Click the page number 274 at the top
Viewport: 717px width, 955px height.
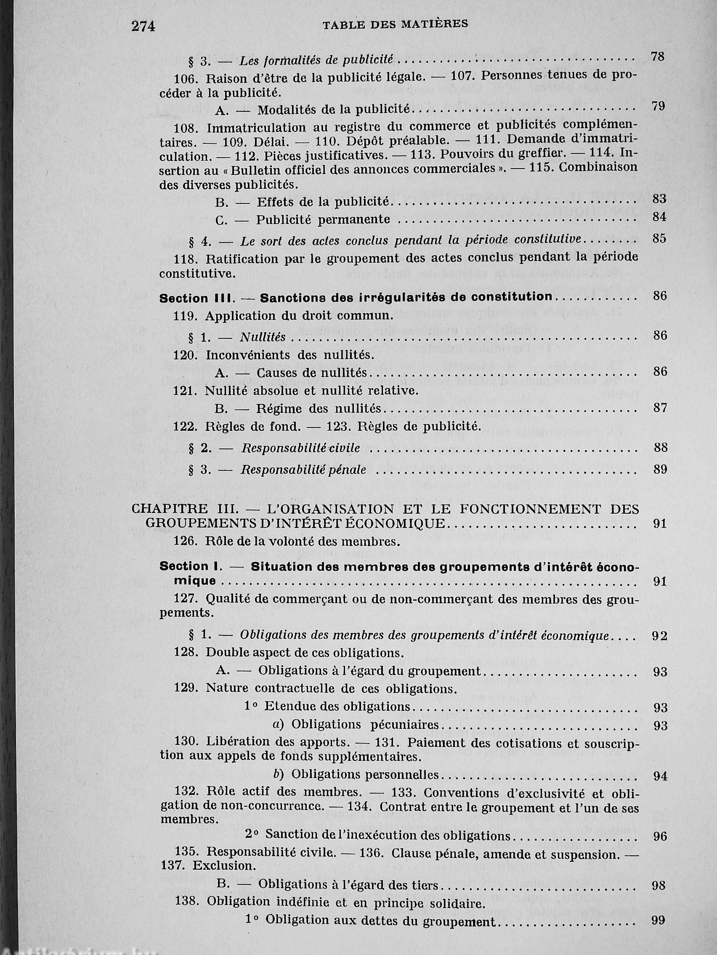(143, 26)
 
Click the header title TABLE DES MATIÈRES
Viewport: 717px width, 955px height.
(396, 24)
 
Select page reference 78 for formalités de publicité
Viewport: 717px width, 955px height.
(657, 57)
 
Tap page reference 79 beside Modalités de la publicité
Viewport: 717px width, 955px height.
(658, 106)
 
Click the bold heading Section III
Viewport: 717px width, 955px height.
(184, 298)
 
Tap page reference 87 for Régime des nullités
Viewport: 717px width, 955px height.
(660, 408)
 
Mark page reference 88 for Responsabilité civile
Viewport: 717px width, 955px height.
(660, 448)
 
